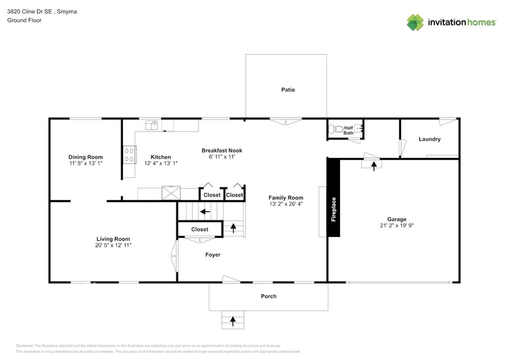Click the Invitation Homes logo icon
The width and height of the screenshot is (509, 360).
(x=415, y=22)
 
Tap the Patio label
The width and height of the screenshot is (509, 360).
(x=288, y=90)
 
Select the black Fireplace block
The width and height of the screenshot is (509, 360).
(x=333, y=197)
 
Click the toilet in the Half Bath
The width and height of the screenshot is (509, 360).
(x=334, y=129)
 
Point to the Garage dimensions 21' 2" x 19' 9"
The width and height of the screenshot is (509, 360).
(x=396, y=226)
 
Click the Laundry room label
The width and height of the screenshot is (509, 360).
(x=429, y=139)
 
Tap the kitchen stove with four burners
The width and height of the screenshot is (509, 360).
(x=129, y=154)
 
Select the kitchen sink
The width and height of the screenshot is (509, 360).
(x=151, y=126)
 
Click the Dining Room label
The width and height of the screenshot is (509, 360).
(x=85, y=157)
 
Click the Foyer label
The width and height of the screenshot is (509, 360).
(x=213, y=255)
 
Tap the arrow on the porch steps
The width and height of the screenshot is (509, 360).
(x=233, y=320)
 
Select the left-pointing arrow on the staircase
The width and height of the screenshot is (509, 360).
(x=205, y=211)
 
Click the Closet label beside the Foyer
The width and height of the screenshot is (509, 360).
(x=200, y=230)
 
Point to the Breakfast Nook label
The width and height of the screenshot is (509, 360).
(x=222, y=151)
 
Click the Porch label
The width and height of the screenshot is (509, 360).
(x=268, y=296)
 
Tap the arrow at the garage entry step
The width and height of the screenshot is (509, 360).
(x=374, y=165)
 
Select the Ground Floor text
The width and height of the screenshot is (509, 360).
(x=21, y=20)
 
